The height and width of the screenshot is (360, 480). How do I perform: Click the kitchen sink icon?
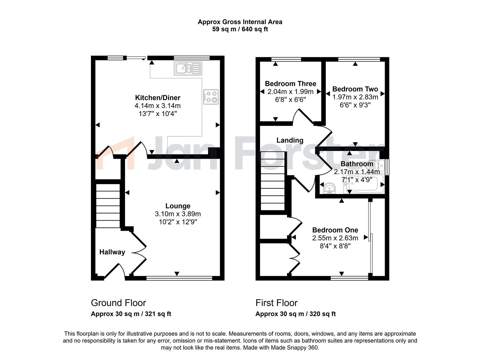pos(188,68)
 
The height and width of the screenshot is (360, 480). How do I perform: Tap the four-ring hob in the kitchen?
pos(211,97)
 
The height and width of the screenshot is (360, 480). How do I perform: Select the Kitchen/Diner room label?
pos(158,98)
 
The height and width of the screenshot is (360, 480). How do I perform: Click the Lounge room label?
pos(178,206)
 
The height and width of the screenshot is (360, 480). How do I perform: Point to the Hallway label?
pos(112,252)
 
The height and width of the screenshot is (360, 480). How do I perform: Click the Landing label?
pos(290,140)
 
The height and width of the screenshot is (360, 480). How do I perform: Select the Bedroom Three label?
pos(290,84)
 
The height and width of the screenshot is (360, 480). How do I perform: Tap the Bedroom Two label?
pos(355,89)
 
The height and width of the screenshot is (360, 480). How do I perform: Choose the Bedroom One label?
pos(335,230)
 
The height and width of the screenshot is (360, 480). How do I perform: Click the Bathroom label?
pos(357,164)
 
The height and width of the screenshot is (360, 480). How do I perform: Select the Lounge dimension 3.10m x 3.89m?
pos(178,214)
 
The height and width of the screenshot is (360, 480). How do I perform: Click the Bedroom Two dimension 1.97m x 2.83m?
pos(355,97)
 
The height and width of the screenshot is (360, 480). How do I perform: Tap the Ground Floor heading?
pos(118,303)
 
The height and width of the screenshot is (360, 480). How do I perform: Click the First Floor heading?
pos(276,303)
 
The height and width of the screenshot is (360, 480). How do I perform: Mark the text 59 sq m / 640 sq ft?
pos(240,29)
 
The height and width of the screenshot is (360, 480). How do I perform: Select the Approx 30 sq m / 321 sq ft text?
pos(131,314)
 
